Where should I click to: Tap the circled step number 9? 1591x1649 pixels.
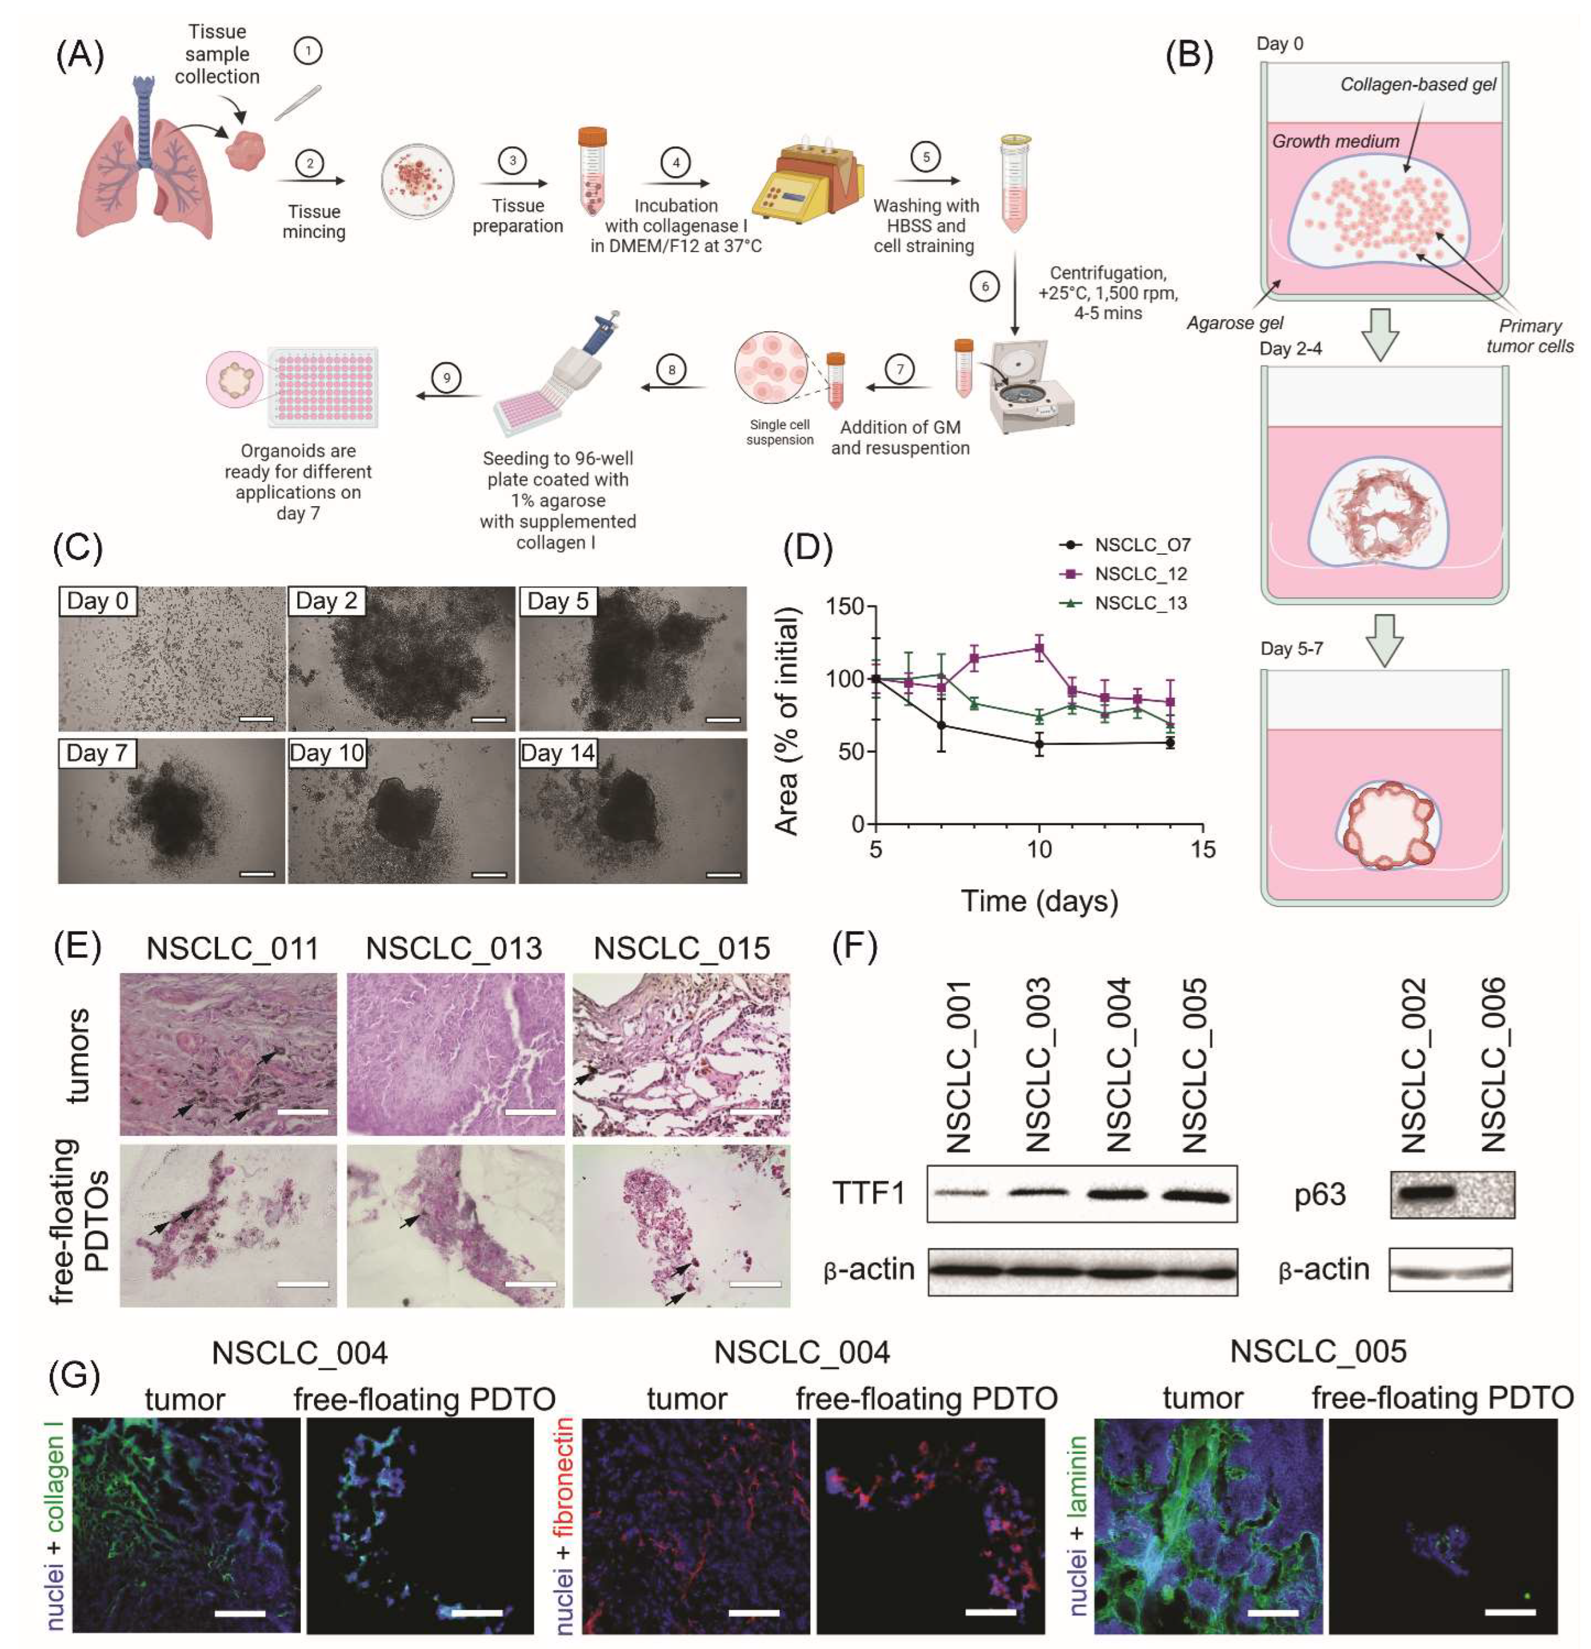coord(446,377)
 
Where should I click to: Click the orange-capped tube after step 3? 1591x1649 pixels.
coord(592,171)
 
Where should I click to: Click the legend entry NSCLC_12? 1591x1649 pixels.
coord(1140,574)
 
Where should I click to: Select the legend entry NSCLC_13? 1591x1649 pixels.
coord(1140,603)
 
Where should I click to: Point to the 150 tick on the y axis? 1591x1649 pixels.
coord(844,607)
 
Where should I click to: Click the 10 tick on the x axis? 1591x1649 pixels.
coord(1039,849)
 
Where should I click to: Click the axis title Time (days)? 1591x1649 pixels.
coord(1039,901)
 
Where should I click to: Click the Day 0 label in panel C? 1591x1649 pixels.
coord(98,601)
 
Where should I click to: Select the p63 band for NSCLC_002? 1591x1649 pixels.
coord(1422,1193)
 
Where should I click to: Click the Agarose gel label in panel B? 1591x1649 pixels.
coord(1234,322)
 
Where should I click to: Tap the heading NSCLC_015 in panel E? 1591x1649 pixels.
coord(682,949)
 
